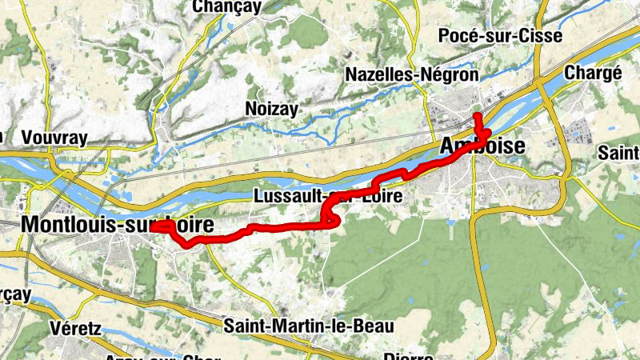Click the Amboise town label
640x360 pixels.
tap(482, 146)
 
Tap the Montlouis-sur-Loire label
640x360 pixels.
tap(118, 226)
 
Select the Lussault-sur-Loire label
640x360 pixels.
tap(326, 196)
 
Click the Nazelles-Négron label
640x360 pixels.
tap(411, 74)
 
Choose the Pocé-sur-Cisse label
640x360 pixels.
tap(500, 35)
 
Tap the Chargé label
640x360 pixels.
tap(593, 72)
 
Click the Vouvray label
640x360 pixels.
tap(54, 137)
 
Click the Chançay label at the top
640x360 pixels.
tap(226, 7)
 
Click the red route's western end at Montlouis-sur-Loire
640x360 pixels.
tap(152, 227)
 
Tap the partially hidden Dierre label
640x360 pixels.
tap(408, 356)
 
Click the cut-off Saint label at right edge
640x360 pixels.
tap(623, 151)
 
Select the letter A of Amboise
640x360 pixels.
tap(448, 146)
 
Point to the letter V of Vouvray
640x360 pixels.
tap(29, 137)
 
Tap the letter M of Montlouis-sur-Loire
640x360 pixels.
tap(33, 226)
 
